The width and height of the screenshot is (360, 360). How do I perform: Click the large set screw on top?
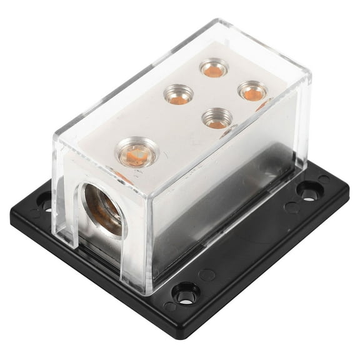coord(137,151)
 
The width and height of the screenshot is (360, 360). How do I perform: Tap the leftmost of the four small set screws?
coord(178,94)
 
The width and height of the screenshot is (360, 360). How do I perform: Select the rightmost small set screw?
coord(253,91)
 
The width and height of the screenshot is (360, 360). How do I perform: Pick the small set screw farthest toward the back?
coord(214,67)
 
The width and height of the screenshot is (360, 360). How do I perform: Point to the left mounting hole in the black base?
coord(45,201)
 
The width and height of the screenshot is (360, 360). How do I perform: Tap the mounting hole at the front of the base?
coord(185,293)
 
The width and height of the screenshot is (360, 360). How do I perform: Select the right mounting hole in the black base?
coord(308,191)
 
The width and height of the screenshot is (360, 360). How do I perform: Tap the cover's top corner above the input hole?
coord(55,141)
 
